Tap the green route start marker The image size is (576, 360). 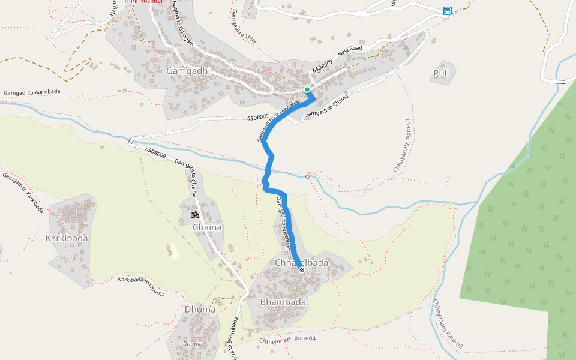[307, 89]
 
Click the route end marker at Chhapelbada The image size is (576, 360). [302, 270]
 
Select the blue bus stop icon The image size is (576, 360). [448, 10]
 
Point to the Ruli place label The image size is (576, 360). [441, 74]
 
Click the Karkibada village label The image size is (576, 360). [67, 238]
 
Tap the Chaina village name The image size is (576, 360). [207, 227]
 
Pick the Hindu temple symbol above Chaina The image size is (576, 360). [194, 214]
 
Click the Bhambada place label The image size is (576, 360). [283, 302]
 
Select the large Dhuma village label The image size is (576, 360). [200, 310]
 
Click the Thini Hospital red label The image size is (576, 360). [143, 2]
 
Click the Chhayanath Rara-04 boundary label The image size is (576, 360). [287, 340]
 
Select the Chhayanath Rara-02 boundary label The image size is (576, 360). [448, 325]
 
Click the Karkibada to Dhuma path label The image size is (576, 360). [141, 286]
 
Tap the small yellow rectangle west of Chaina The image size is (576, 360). [174, 251]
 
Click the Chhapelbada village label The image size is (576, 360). [301, 263]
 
